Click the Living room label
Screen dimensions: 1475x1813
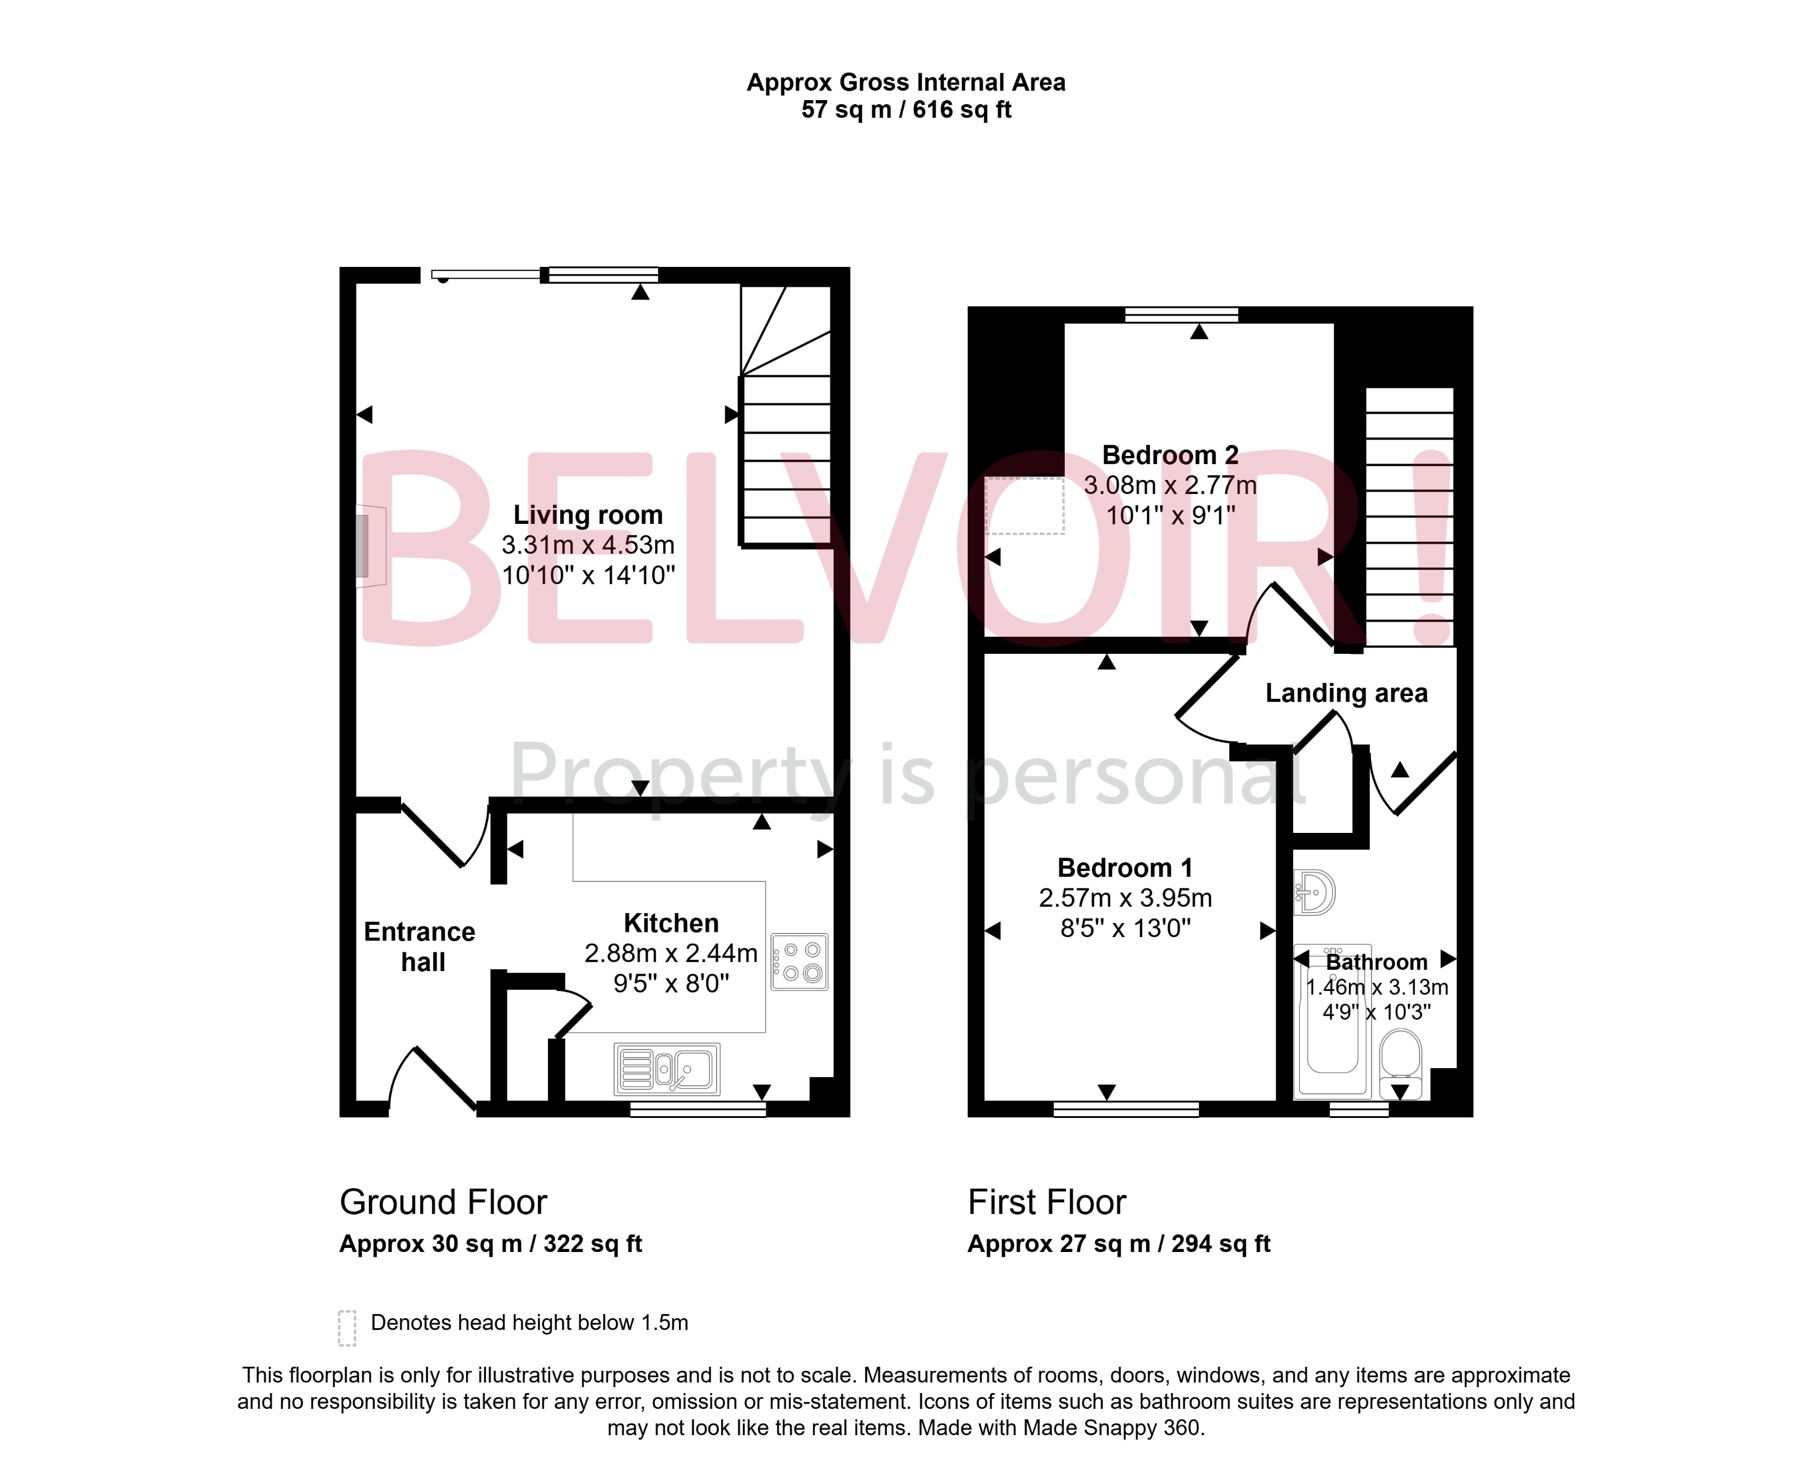(587, 515)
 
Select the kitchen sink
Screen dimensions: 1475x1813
(667, 1069)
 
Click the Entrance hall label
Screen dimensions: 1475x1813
(420, 946)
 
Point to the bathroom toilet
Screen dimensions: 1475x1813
(1400, 1062)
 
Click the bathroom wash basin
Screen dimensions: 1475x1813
(1314, 892)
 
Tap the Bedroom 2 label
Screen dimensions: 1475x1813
(1170, 455)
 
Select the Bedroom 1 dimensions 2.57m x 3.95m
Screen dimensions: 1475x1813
(1125, 898)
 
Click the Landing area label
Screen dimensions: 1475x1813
(1346, 694)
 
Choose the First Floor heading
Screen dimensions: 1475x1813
(1047, 1202)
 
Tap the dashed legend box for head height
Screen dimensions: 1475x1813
(347, 1327)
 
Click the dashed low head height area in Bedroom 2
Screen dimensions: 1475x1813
(1024, 506)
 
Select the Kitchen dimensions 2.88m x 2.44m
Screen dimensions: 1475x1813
(670, 953)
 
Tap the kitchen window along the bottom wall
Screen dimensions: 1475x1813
(697, 1108)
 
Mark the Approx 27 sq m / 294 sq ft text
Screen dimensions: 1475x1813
(1118, 1244)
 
